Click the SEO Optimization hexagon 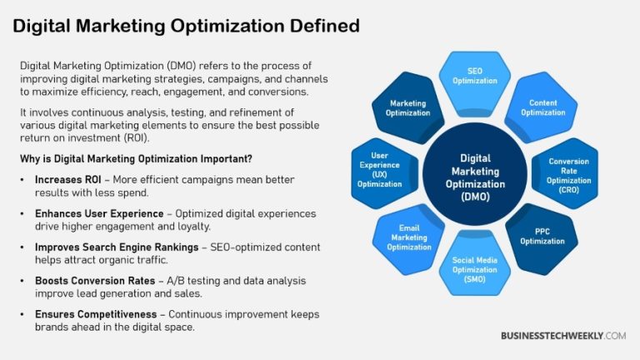(x=473, y=76)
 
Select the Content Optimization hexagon (x=542, y=107)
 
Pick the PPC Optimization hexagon (x=542, y=237)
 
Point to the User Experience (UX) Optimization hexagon (x=380, y=172)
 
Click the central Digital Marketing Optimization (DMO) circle (x=475, y=174)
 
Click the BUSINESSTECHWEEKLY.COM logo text (x=562, y=335)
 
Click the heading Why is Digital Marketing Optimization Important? (x=137, y=158)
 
